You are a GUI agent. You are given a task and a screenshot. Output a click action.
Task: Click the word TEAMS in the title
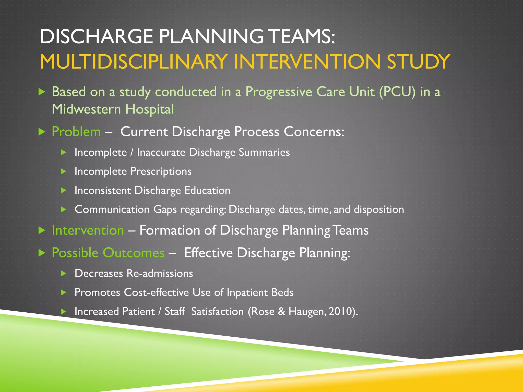[x=302, y=36]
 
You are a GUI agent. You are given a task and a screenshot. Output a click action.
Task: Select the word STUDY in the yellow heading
[x=418, y=62]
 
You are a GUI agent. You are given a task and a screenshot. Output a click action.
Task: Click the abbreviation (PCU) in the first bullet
[x=397, y=92]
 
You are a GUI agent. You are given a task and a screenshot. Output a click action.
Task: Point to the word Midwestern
[x=86, y=109]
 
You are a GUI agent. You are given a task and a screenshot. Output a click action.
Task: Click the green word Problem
[x=76, y=132]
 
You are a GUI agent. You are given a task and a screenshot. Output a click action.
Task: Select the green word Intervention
[x=88, y=230]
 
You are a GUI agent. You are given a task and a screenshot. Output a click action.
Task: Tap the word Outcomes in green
[x=134, y=253]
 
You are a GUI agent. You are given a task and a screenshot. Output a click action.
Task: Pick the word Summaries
[x=264, y=152]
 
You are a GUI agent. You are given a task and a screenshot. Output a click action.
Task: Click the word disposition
[x=379, y=210]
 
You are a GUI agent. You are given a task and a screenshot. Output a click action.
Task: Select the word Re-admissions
[x=160, y=274]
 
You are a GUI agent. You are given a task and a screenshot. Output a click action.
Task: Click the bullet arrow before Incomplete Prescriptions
[x=64, y=171]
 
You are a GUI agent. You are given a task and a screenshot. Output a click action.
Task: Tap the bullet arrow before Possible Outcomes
[x=42, y=253]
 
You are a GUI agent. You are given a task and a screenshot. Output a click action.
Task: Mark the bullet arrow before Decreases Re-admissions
[x=64, y=274]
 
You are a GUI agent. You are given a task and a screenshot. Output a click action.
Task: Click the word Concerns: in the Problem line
[x=314, y=132]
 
